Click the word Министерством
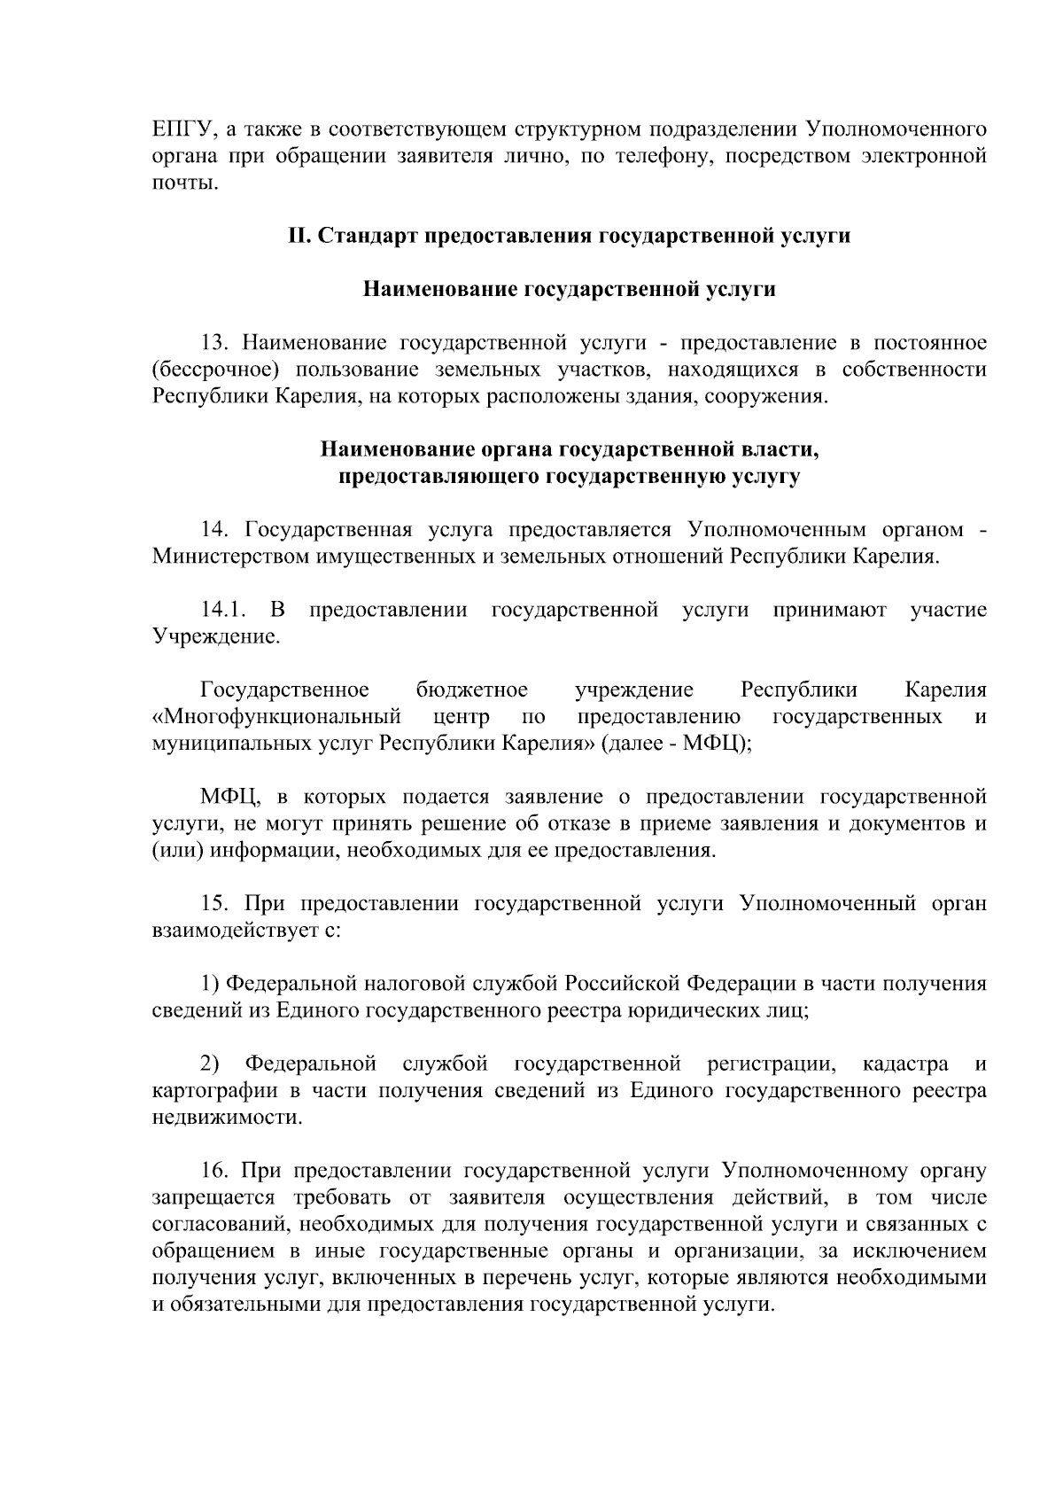click(228, 557)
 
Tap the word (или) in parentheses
click(172, 851)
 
